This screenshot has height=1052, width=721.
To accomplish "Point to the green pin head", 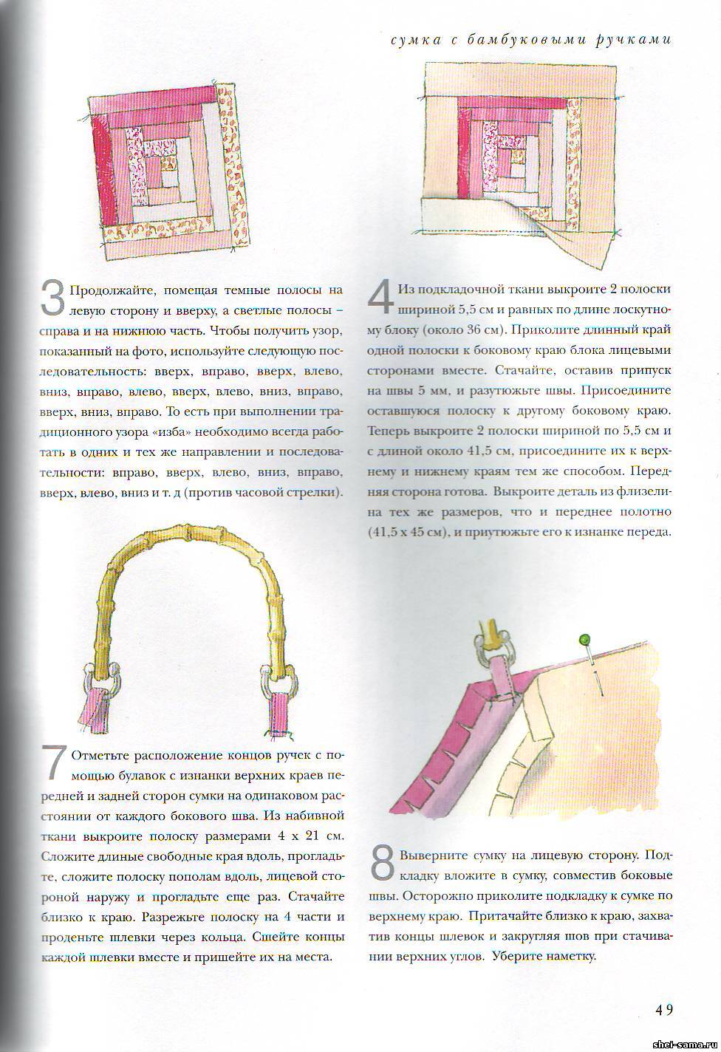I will tap(584, 639).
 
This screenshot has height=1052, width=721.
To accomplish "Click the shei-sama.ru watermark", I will tap(685, 1043).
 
